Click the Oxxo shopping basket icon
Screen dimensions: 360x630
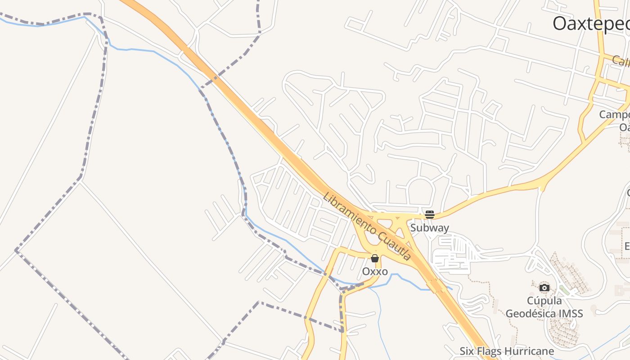point(374,258)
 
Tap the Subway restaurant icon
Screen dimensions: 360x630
point(429,214)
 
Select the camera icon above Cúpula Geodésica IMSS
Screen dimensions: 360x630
point(544,288)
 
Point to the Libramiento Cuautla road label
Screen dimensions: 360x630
point(367,227)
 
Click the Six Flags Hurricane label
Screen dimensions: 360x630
point(507,351)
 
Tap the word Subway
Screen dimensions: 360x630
point(429,228)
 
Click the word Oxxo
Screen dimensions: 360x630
point(375,272)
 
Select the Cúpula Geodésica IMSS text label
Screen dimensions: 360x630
point(544,307)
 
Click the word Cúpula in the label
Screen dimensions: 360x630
point(544,301)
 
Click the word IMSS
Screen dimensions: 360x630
point(571,313)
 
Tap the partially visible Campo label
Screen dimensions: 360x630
point(614,114)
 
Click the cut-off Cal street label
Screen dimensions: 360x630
point(621,61)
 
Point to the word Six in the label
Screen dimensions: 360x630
point(467,351)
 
